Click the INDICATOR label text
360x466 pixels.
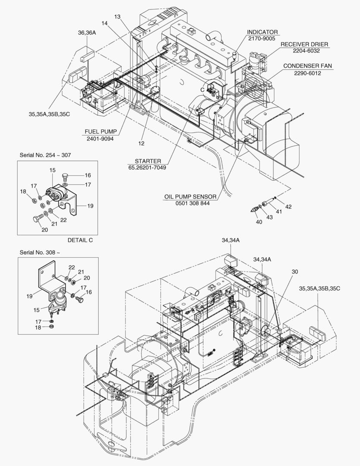coord(262,32)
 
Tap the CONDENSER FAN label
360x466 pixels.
coord(307,66)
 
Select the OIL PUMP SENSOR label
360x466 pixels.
coord(190,197)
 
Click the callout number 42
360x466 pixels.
coord(288,207)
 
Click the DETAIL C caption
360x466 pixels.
coord(80,240)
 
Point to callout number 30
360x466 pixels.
coord(294,272)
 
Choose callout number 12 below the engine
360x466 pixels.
coord(141,143)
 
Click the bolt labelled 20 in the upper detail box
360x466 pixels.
coord(38,219)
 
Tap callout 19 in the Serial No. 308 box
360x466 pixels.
coord(29,297)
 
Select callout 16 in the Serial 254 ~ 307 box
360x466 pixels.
coord(88,176)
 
